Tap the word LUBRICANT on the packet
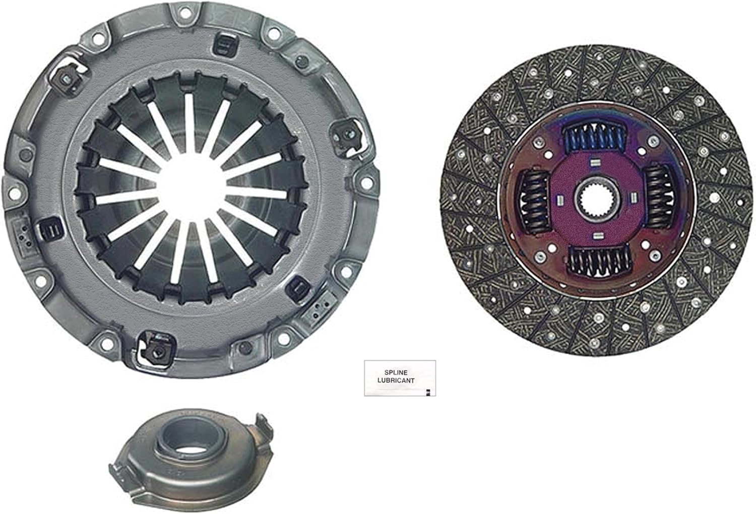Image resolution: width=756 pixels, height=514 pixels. click(396, 380)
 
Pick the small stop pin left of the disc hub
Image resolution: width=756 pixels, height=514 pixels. click(559, 201)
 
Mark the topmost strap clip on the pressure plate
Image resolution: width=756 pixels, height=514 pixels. click(223, 44)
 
